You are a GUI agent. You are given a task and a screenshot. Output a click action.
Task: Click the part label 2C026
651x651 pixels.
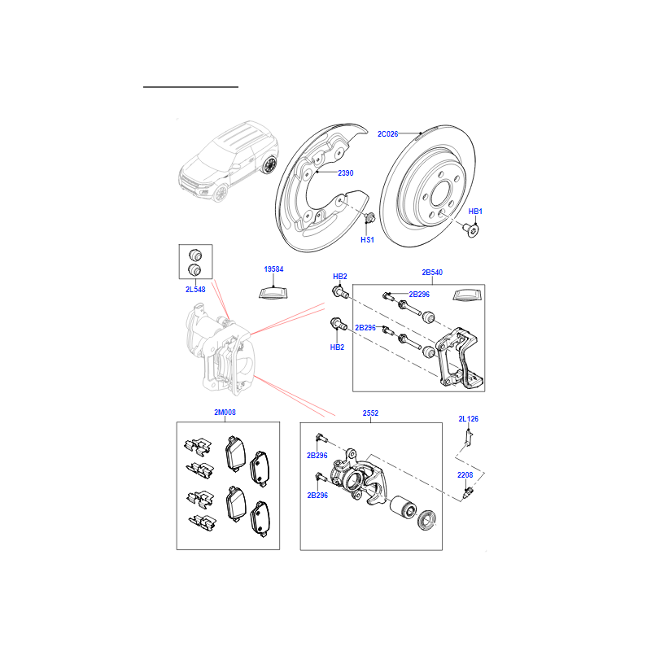click(387, 134)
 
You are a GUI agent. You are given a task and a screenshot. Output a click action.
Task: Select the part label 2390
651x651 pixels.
click(345, 173)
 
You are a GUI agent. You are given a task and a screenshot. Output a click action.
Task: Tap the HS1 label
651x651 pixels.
click(367, 239)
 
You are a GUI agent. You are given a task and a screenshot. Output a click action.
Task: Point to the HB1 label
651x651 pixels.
click(475, 212)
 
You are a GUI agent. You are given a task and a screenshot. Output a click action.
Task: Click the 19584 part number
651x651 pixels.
click(273, 269)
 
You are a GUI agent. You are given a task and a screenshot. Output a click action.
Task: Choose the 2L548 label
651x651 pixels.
click(195, 290)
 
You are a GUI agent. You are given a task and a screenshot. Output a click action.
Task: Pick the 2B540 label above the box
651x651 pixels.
click(432, 273)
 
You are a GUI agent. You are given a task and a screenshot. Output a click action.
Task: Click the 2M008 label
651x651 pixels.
click(225, 413)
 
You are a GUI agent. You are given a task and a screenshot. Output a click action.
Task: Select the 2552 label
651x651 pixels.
click(370, 413)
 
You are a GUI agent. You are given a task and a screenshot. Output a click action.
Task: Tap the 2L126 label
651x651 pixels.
click(469, 419)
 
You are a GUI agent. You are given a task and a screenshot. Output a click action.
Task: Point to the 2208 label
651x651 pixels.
click(465, 475)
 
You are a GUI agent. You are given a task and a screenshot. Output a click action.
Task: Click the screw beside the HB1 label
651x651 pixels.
click(471, 229)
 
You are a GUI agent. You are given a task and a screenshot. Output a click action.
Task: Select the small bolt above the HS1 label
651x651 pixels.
click(369, 216)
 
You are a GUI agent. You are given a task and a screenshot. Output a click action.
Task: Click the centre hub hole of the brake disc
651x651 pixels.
click(442, 194)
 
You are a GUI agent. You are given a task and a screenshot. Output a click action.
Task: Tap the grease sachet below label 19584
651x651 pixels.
click(273, 293)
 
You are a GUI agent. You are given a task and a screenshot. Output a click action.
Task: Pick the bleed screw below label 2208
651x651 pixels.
click(467, 494)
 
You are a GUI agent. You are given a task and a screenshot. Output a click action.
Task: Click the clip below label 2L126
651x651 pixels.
click(469, 438)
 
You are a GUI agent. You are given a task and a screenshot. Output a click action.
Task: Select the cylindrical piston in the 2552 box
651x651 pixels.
click(402, 508)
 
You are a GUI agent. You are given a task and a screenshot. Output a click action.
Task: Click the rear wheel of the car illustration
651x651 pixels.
click(269, 165)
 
